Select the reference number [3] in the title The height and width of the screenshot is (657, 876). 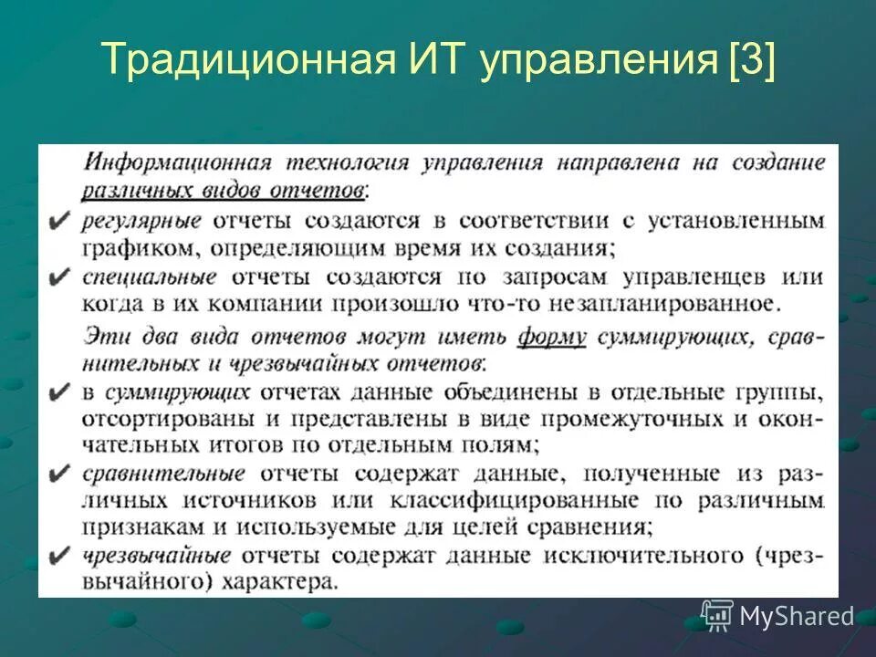click(x=751, y=61)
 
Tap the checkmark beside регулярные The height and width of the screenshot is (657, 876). click(x=58, y=222)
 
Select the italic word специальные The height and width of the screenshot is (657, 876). click(x=148, y=276)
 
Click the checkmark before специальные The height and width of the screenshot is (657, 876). click(x=58, y=277)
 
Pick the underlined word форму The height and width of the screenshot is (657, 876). click(x=552, y=337)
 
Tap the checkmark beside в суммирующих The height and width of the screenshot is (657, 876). click(x=58, y=394)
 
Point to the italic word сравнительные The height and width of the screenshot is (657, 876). click(x=162, y=473)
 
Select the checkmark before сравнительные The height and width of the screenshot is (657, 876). click(x=58, y=474)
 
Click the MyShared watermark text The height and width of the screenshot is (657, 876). click(x=797, y=617)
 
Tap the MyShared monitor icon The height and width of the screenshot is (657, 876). click(x=717, y=616)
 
